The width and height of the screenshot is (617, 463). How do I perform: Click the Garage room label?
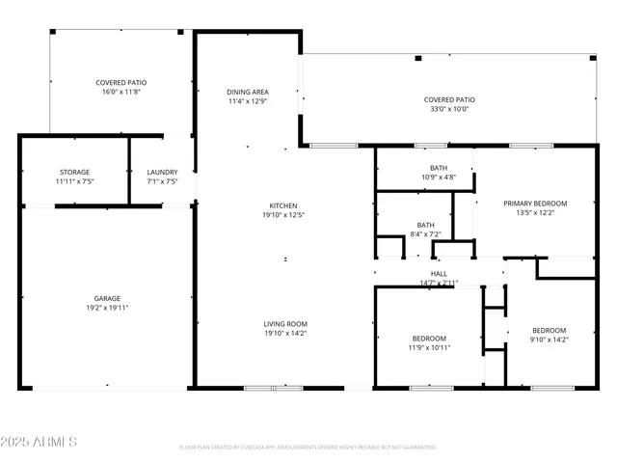(x=106, y=299)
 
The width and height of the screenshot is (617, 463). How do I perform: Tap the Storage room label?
(x=74, y=172)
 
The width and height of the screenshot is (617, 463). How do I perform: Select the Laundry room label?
(x=163, y=172)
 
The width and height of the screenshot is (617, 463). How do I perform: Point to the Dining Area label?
(x=247, y=92)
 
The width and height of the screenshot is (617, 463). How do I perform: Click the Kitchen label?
(x=282, y=205)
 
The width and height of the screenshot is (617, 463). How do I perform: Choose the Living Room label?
(x=285, y=324)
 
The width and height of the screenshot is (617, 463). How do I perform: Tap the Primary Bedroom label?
(x=535, y=204)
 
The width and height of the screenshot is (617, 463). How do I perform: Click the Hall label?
(x=439, y=274)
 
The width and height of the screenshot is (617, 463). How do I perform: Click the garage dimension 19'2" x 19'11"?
(x=106, y=308)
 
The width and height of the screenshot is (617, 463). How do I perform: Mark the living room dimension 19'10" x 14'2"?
(x=285, y=334)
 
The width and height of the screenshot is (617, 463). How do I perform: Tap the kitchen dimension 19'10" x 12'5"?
(x=282, y=214)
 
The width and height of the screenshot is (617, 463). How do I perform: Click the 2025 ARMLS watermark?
(x=40, y=442)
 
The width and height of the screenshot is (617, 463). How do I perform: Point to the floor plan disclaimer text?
(x=308, y=447)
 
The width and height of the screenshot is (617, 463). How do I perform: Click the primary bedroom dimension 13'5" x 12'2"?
(x=535, y=212)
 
